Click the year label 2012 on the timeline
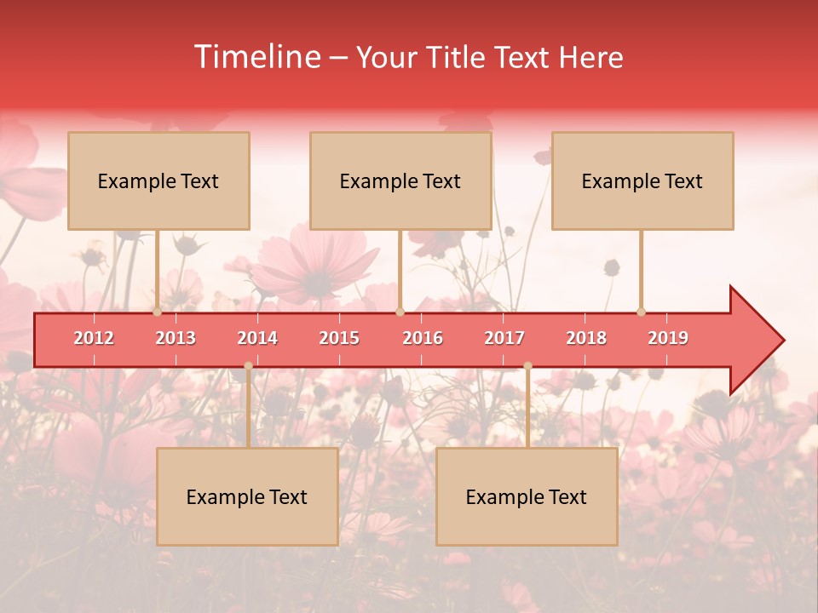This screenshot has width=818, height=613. click(x=94, y=339)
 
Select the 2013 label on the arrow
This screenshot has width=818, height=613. click(x=176, y=339)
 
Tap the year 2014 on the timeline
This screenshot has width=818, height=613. click(x=257, y=339)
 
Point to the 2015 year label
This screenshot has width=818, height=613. click(x=339, y=339)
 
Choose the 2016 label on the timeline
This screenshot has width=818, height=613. click(x=423, y=339)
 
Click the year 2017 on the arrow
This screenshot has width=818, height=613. click(x=504, y=339)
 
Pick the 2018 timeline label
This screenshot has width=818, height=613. click(x=586, y=339)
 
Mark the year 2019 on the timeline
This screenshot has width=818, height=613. click(x=668, y=339)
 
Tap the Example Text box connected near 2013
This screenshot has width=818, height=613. click(x=158, y=180)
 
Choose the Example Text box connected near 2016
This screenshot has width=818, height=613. click(x=400, y=180)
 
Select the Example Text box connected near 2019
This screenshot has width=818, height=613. click(x=642, y=180)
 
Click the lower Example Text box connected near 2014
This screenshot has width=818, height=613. click(x=247, y=496)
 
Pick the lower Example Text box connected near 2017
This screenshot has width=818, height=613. click(x=527, y=496)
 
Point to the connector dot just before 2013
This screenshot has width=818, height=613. click(x=157, y=312)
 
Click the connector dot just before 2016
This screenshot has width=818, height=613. click(x=400, y=312)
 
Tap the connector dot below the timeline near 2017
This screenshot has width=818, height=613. click(x=527, y=366)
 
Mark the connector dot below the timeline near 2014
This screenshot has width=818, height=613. click(x=248, y=366)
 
